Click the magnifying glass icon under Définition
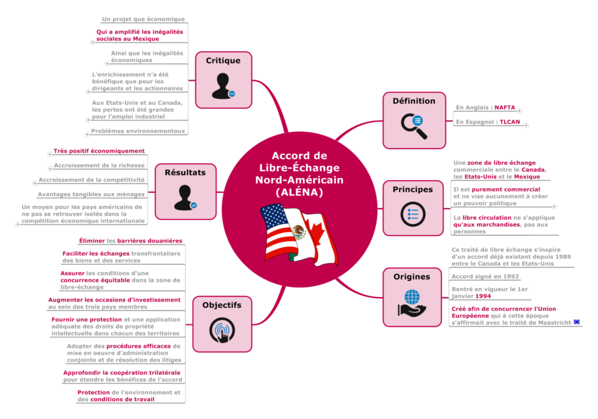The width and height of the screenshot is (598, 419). [414, 126]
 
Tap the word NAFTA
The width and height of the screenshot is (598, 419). [505, 108]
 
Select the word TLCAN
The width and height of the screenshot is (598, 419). [510, 122]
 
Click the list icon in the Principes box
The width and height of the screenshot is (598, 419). [413, 214]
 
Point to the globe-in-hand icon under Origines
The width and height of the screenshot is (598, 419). [412, 303]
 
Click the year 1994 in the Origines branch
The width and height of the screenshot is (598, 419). [483, 296]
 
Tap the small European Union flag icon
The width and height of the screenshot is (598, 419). [576, 322]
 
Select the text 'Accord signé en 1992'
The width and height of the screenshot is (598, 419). [485, 276]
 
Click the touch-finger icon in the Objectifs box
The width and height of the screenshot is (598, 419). [222, 331]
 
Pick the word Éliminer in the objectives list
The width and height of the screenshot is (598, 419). [92, 241]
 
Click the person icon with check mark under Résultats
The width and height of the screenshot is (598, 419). [185, 198]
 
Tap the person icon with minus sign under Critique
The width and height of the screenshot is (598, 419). [223, 86]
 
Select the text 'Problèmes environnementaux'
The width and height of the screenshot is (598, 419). [138, 131]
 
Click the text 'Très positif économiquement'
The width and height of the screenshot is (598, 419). [99, 151]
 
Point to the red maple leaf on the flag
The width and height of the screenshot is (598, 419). [317, 233]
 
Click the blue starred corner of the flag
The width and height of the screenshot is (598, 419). [273, 216]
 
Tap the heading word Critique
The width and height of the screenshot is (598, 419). [223, 61]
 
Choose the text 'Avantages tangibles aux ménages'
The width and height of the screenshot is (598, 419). [91, 195]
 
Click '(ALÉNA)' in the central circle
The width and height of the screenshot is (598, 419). [300, 192]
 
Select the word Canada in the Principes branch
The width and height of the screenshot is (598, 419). [533, 170]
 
